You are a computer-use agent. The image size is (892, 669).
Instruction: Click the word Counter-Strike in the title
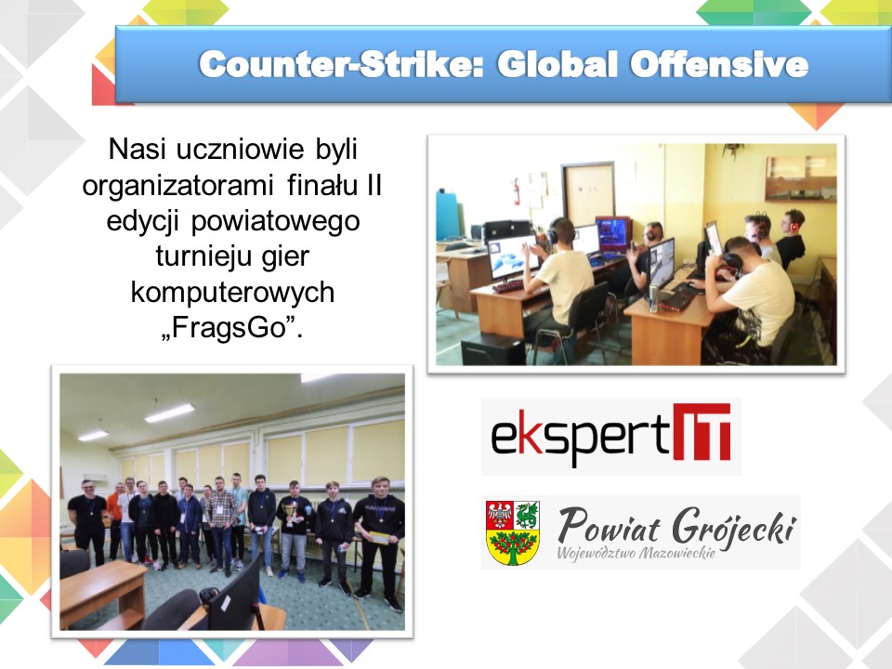[341, 64]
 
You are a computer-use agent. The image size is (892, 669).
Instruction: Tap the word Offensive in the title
[718, 64]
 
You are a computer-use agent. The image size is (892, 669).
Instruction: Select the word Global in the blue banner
[557, 64]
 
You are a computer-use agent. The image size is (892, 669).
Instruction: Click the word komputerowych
[232, 293]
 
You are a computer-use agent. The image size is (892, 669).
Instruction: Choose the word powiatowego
[275, 222]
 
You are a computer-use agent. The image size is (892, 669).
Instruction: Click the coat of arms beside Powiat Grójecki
[513, 532]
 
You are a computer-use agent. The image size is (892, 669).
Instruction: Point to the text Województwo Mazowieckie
[636, 553]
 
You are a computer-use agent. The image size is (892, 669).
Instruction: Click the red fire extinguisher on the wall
[517, 191]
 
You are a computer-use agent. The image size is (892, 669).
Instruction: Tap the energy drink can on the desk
[653, 297]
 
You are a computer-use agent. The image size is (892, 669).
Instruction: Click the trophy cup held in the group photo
[291, 512]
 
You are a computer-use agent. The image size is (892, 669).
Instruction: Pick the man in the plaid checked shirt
[221, 523]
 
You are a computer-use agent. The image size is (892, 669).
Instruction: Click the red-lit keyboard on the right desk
[677, 300]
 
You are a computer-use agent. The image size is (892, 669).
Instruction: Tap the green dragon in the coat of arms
[527, 515]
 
